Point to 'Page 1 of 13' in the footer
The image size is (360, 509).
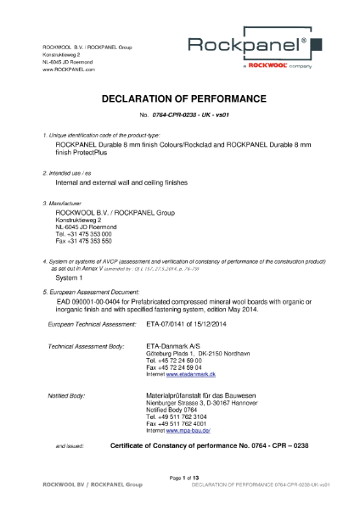[181, 479]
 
